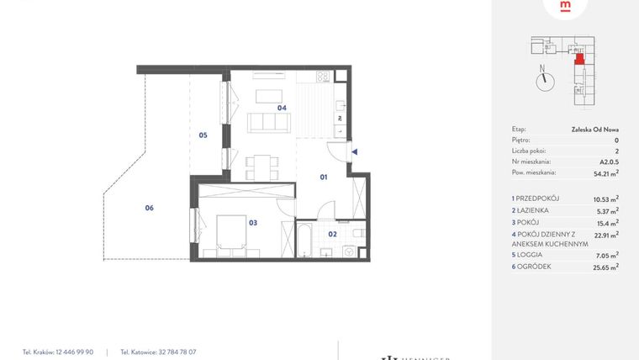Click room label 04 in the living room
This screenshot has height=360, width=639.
click(283, 108)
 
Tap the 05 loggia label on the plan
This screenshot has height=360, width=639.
click(203, 135)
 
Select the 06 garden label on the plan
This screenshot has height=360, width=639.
click(149, 208)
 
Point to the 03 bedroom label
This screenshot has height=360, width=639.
click(253, 223)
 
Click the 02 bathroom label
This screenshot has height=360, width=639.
click(332, 233)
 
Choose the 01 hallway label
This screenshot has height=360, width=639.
click(323, 177)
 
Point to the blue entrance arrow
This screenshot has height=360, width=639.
click(355, 152)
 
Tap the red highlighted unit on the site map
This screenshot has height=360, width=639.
click(578, 58)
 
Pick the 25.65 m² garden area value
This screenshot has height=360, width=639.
click(605, 266)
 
